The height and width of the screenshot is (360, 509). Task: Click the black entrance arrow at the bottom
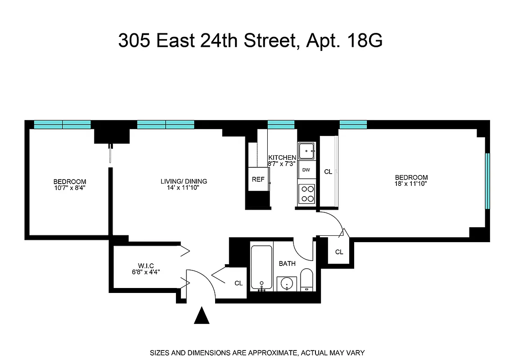tap(202, 315)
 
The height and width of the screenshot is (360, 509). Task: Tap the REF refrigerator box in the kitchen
tap(258, 179)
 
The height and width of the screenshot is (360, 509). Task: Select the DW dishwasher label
tap(306, 170)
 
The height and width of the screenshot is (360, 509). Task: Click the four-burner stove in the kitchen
tap(307, 194)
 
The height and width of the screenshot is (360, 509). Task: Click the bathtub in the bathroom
tap(261, 267)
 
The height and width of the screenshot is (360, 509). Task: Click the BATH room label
tap(287, 264)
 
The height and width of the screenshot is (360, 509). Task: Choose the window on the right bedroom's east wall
tap(487, 181)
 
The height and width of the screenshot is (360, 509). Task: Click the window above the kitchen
tap(281, 125)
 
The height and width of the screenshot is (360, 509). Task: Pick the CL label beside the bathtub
tap(238, 283)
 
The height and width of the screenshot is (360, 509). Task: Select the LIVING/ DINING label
tap(184, 181)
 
